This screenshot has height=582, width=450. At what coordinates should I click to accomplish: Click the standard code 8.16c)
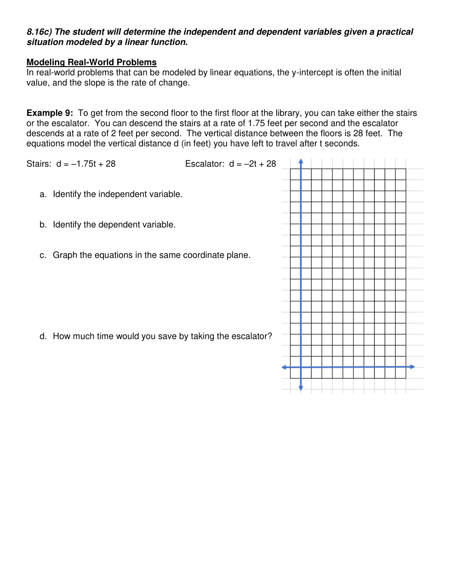pos(39,32)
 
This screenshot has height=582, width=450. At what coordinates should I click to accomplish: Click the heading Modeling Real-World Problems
pos(91,63)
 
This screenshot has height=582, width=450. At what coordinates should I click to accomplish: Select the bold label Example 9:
pos(50,113)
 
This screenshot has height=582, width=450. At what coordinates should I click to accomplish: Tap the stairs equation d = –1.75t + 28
pos(86,164)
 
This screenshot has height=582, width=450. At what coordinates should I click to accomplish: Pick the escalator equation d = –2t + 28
pos(252,164)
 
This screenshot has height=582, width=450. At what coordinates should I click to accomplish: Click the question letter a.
pos(43,194)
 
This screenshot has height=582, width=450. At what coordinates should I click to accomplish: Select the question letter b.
pos(43,225)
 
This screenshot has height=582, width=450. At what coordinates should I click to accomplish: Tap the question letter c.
pos(43,255)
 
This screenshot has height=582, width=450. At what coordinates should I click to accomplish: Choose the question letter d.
pos(43,337)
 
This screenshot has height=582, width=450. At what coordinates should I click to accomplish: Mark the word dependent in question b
pos(122,225)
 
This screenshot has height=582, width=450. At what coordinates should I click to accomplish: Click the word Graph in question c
pos(65,255)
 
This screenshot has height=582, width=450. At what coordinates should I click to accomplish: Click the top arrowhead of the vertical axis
pos(301,161)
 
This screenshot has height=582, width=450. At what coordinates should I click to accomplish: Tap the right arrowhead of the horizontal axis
pos(412,367)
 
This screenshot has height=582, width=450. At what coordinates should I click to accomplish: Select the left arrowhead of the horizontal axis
pos(284,367)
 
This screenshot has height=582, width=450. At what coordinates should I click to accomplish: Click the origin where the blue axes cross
pos(301,367)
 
